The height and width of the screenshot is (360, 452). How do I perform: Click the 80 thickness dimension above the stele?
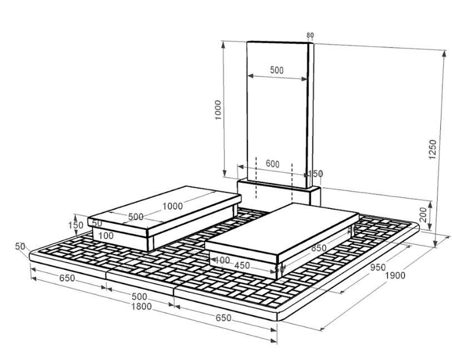310,35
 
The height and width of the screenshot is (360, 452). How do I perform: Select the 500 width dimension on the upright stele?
277,71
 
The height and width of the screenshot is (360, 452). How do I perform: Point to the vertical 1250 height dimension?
433,149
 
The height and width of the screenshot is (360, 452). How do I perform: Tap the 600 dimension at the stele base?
272,164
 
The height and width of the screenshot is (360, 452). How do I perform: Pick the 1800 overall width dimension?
142,307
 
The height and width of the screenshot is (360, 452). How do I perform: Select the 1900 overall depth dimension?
396,275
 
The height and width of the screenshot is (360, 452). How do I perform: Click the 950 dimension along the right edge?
378,267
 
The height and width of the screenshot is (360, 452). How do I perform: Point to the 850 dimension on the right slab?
319,249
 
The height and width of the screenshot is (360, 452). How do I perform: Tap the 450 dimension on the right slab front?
242,266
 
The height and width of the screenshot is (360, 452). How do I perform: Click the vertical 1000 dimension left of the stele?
218,110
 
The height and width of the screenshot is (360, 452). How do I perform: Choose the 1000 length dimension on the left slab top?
172,206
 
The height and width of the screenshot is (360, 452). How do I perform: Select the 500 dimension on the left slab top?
136,216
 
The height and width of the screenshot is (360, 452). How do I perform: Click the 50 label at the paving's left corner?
21,246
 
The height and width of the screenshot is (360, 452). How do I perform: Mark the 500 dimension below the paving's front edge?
140,297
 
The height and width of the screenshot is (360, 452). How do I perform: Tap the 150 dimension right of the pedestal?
315,174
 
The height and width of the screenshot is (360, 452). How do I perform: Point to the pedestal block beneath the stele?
278,195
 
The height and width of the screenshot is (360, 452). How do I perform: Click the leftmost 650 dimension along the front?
67,279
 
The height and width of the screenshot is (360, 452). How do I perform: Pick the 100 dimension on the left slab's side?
106,236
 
